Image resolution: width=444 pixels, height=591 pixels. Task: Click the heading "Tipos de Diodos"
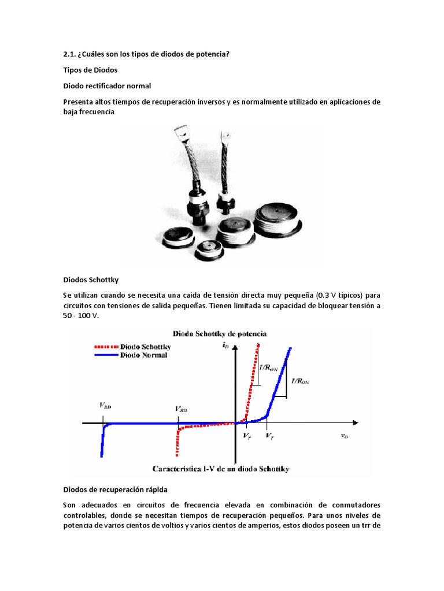coord(90,70)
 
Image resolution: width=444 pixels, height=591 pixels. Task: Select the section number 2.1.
coord(69,54)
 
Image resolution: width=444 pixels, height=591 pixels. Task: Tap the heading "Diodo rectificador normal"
coord(107,86)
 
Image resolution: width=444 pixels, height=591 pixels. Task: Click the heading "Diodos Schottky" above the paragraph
coord(91,280)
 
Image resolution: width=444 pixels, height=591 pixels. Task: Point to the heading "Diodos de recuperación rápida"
coord(115,490)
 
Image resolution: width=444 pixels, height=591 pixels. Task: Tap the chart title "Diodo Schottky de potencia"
coord(219,334)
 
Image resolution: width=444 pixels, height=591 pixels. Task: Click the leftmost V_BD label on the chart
coord(105,406)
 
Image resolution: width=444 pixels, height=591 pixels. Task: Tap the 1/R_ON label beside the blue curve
coord(300,381)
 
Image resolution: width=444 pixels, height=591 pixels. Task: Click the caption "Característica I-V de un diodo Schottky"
coord(221,469)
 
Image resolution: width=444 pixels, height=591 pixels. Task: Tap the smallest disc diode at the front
coord(208,249)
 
